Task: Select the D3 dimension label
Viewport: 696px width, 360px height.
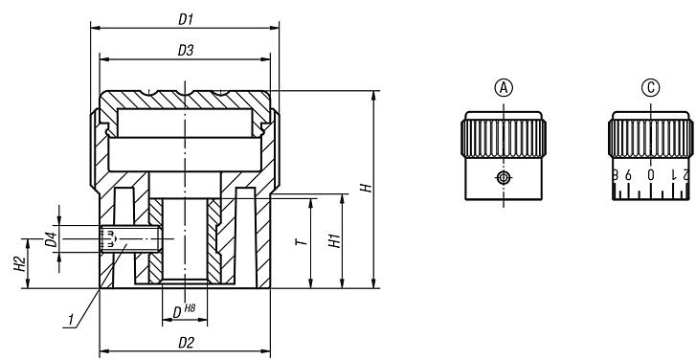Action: (186, 49)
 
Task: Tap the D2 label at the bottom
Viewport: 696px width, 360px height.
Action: (186, 342)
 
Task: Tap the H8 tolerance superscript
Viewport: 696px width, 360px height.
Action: (189, 306)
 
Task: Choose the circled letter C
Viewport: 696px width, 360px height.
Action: (651, 88)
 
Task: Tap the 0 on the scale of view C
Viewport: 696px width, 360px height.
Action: (651, 175)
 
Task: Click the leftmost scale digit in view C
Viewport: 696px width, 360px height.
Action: (616, 175)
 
